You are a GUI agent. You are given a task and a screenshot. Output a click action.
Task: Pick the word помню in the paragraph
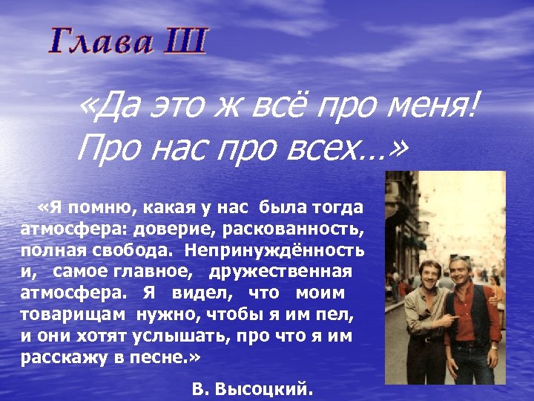[x=96, y=206]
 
